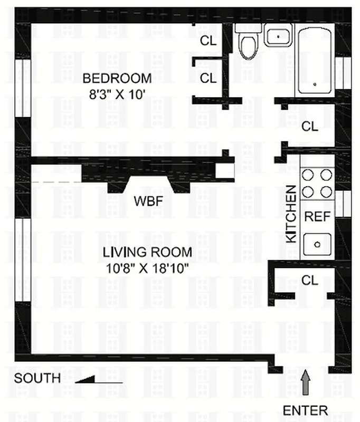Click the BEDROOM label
117,79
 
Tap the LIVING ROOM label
148,252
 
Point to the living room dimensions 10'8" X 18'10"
147,267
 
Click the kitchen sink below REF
317,244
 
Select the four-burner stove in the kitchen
317,183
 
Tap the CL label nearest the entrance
310,280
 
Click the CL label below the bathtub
310,126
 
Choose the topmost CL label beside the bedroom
209,41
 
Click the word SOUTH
37,379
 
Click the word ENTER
305,410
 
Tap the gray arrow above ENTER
305,381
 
